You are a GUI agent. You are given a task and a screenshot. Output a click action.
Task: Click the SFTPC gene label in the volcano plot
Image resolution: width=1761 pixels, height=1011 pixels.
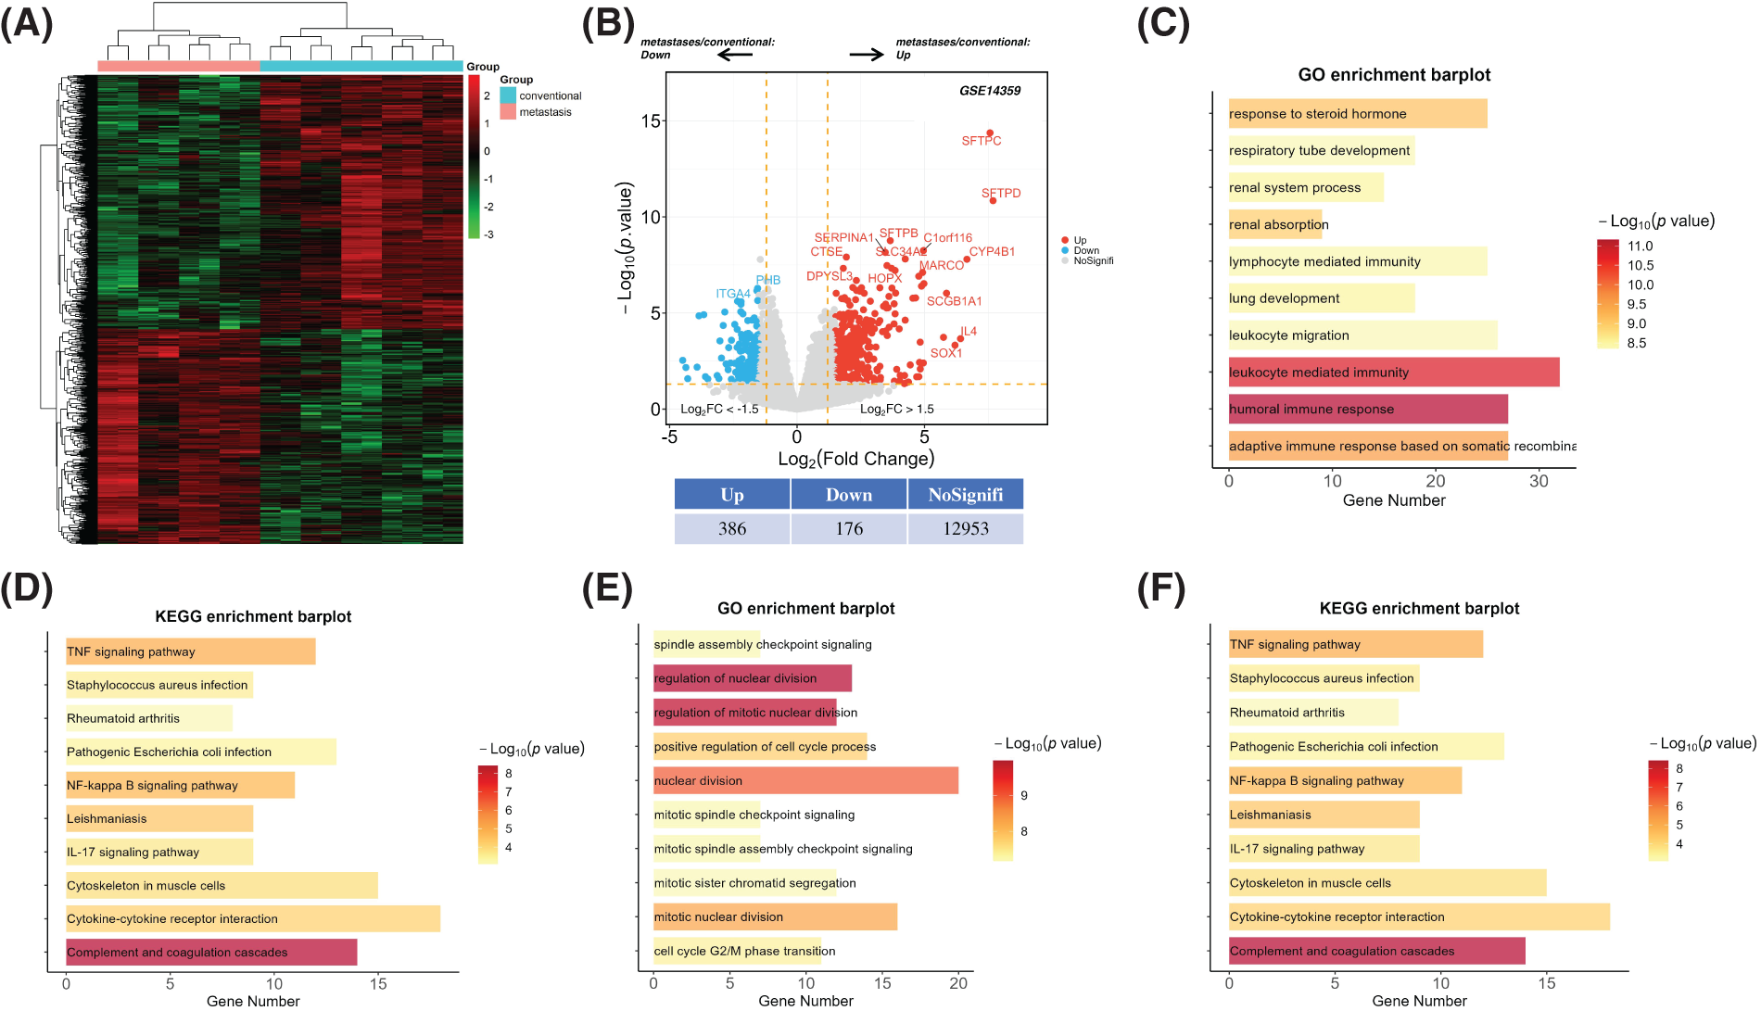tap(981, 141)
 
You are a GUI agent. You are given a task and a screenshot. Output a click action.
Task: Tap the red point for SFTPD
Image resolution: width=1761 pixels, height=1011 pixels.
tap(993, 200)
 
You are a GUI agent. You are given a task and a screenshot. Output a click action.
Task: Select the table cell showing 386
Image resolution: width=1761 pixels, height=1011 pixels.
tap(732, 528)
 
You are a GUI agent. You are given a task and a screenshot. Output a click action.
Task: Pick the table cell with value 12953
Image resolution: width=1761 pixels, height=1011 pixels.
tap(966, 528)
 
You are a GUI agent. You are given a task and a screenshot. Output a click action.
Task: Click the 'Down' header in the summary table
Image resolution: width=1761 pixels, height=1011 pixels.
tap(849, 495)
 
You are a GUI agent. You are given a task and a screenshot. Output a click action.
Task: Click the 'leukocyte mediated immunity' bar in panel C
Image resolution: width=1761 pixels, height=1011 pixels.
tap(1393, 373)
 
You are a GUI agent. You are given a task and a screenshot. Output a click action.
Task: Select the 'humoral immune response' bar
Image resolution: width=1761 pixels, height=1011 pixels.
tap(1368, 409)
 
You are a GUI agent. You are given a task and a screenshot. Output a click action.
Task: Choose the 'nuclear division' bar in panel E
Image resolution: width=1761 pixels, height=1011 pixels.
tap(805, 780)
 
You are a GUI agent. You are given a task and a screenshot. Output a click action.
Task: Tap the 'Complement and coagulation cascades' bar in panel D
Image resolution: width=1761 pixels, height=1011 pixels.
tap(211, 952)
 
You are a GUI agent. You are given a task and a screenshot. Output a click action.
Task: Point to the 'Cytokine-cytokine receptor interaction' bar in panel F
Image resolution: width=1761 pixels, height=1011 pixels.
tap(1419, 916)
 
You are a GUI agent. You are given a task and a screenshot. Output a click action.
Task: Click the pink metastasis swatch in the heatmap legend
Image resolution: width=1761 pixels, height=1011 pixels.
tap(508, 112)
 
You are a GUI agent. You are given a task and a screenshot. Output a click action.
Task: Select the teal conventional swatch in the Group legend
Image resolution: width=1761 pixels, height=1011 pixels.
tap(508, 95)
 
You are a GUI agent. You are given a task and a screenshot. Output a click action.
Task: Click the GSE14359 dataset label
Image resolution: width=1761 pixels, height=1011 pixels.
tap(989, 91)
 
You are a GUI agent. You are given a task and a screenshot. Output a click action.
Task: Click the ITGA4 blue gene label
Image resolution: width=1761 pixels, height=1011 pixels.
tap(732, 294)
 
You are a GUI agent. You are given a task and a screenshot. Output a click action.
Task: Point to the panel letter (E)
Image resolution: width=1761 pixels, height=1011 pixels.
tap(607, 589)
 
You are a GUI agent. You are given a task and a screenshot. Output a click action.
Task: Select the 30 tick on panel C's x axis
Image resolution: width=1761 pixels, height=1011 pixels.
tap(1539, 481)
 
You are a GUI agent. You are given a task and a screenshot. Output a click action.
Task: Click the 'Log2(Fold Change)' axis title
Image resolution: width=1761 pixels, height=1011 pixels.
tap(855, 459)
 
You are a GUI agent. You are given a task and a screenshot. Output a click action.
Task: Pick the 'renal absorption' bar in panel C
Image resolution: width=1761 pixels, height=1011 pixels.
tap(1275, 224)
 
